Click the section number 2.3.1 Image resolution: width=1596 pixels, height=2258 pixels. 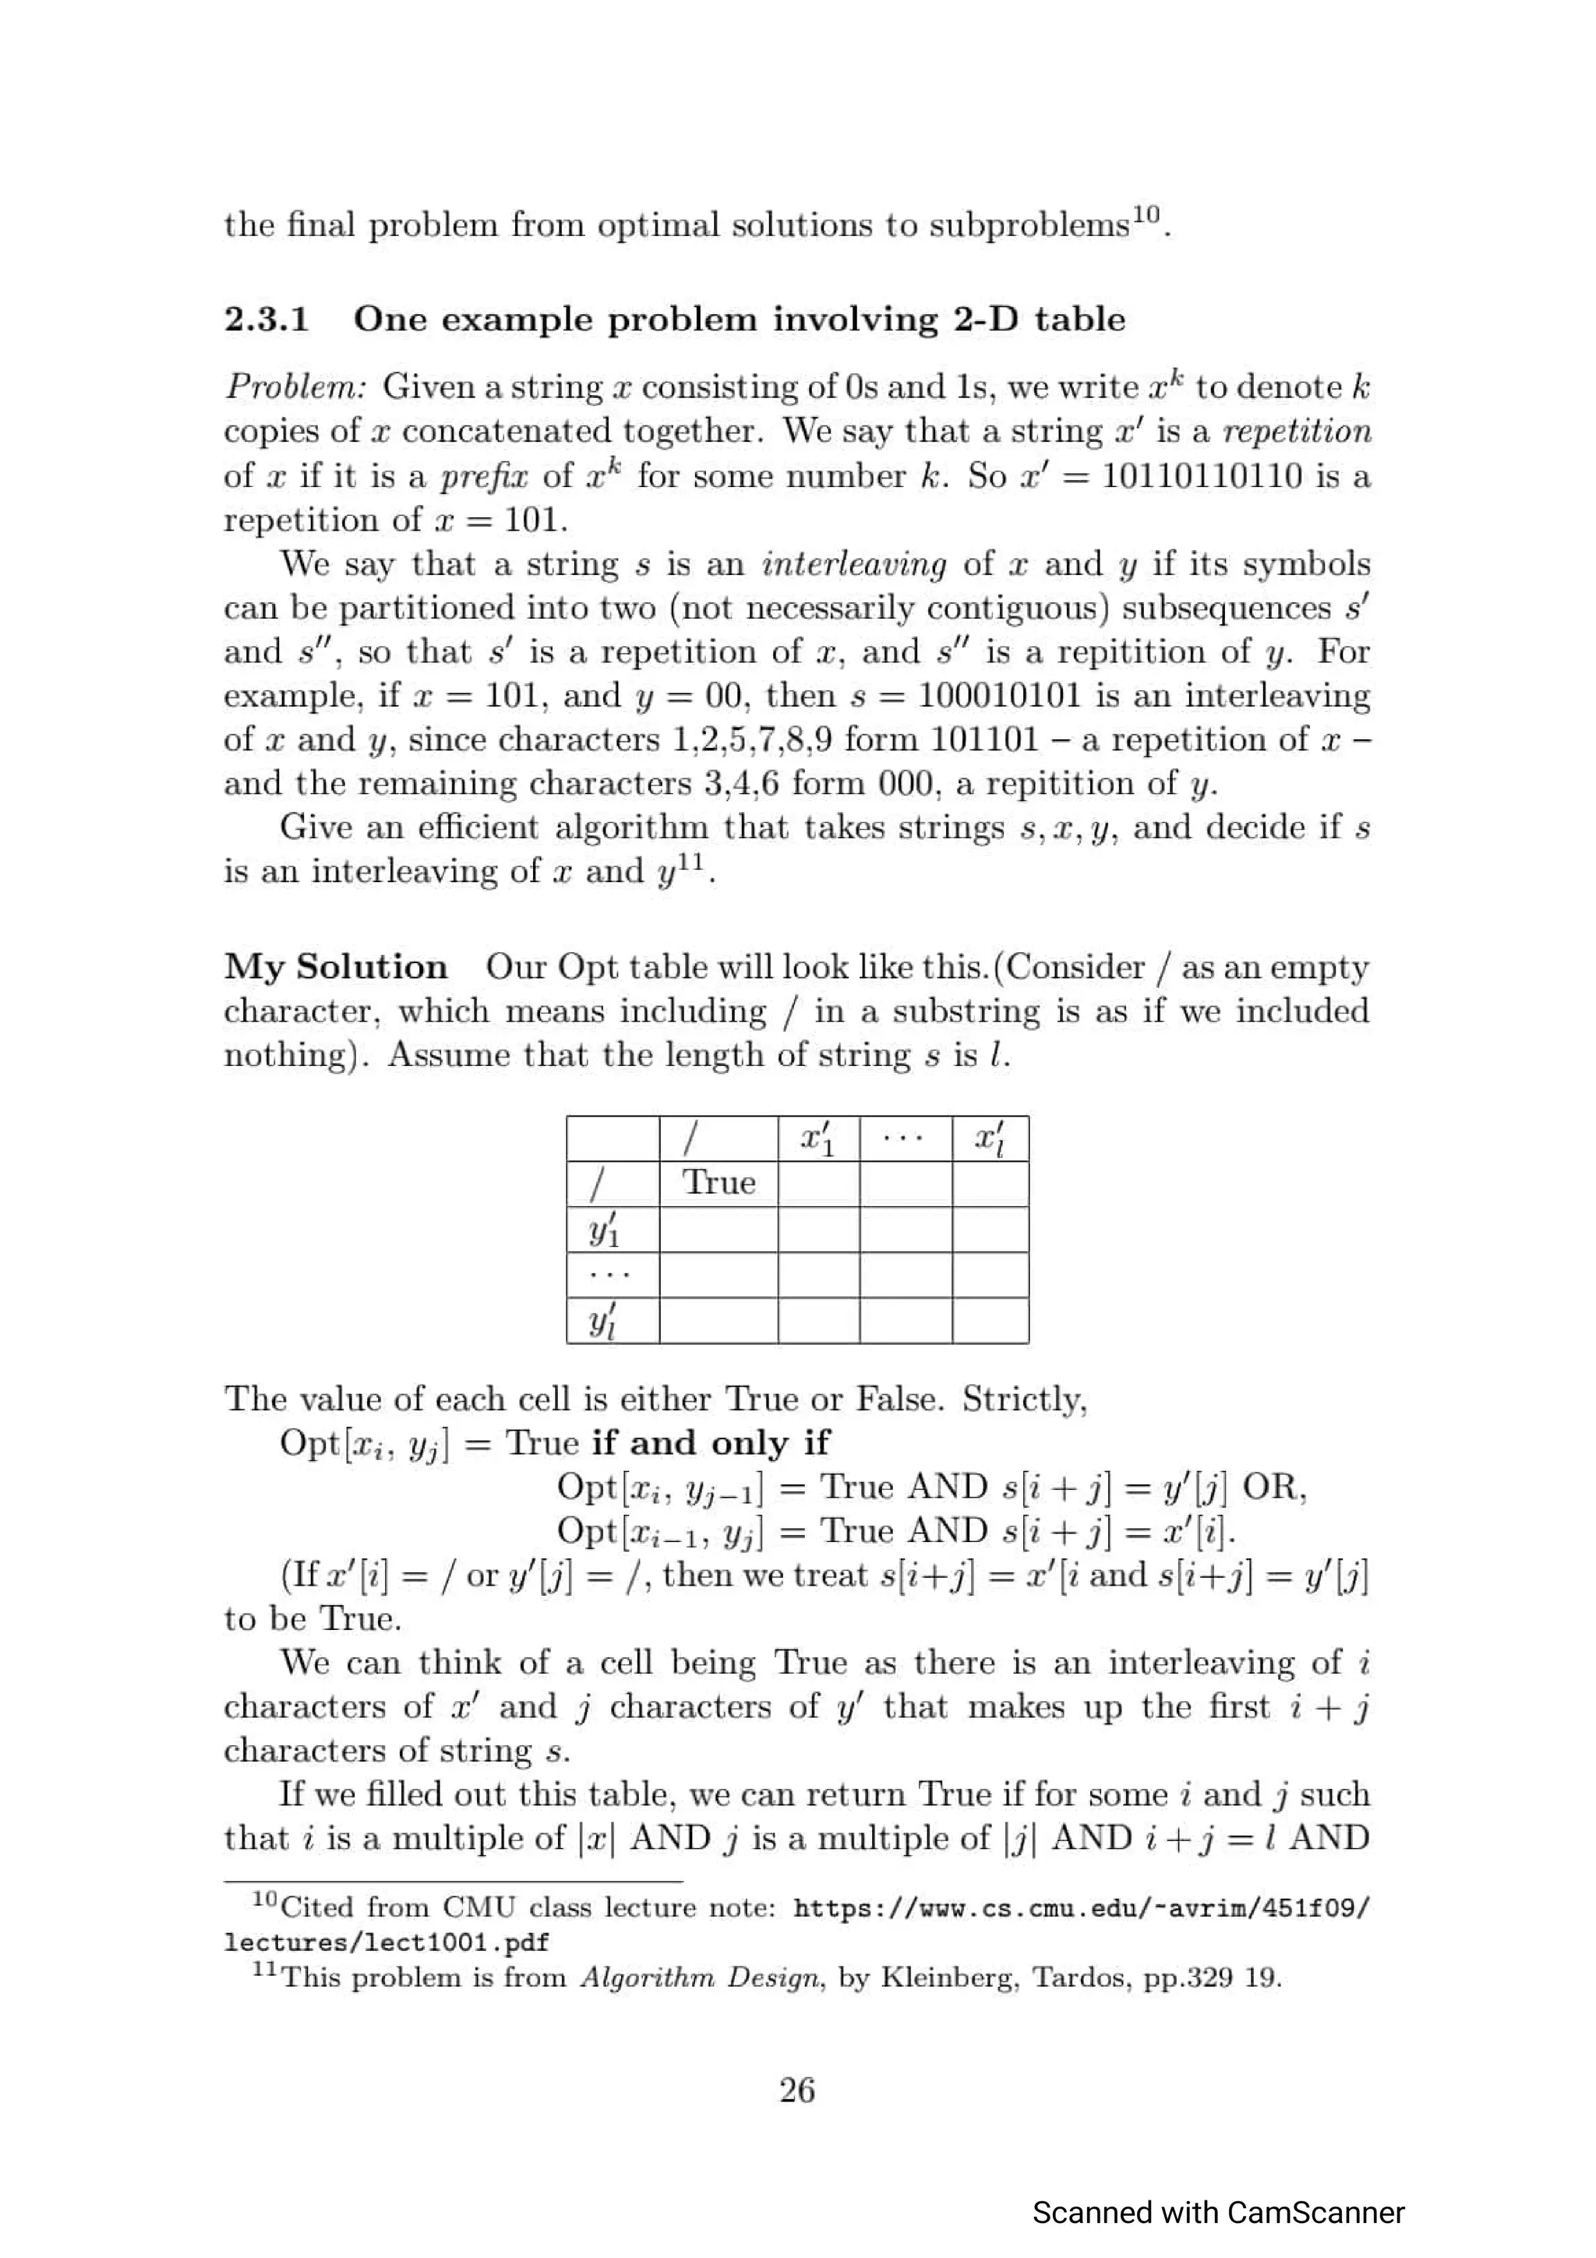[267, 319]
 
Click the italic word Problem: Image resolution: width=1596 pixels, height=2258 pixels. [295, 387]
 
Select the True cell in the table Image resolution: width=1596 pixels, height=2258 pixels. [718, 1182]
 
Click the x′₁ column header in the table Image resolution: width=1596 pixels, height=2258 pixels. [817, 1139]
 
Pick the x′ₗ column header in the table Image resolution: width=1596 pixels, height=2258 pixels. [989, 1139]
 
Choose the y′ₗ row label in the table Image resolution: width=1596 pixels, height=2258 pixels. [602, 1321]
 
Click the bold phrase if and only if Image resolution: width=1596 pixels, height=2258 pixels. [710, 1443]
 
